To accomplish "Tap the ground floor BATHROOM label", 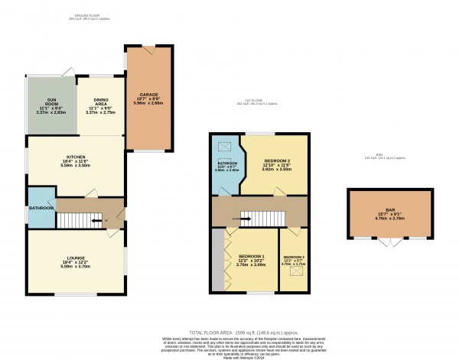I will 41,208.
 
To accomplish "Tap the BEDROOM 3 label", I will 294,257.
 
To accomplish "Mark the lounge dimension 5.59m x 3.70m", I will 74,267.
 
